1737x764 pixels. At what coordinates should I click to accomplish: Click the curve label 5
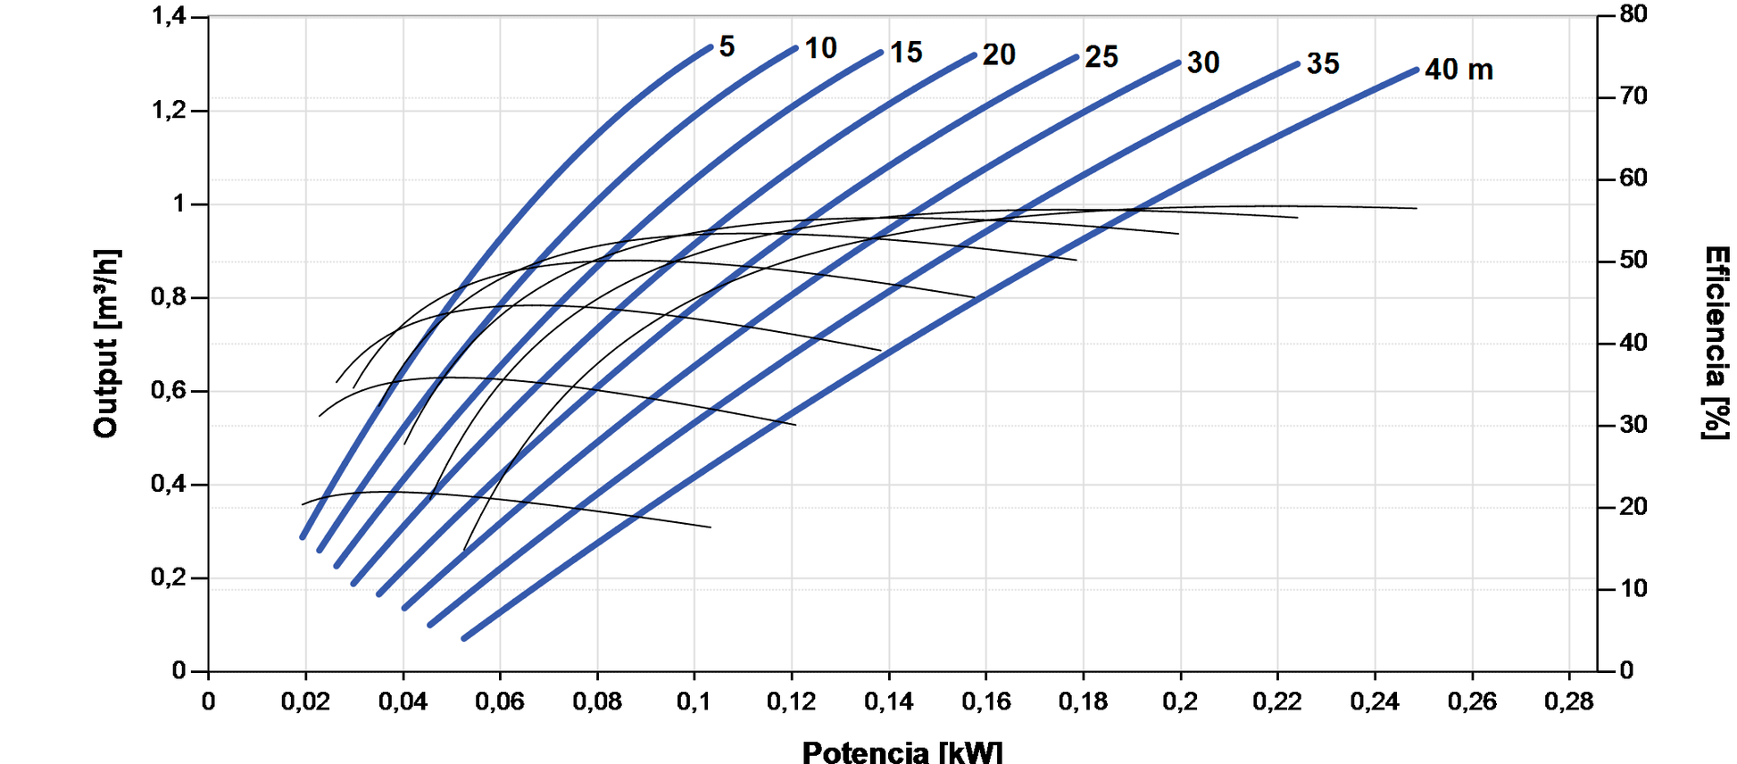pos(727,46)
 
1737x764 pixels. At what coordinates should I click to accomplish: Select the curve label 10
pos(820,48)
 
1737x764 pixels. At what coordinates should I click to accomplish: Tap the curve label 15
pos(906,53)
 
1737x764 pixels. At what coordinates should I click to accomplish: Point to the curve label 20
pos(999,55)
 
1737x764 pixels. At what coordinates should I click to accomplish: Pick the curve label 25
pos(1101,58)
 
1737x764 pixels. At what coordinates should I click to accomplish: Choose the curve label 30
pos(1203,62)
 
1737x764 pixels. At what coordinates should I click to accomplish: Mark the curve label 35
pos(1323,64)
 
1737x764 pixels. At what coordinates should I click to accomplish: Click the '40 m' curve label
pos(1459,70)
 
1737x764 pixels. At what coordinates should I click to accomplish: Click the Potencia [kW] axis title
pos(902,752)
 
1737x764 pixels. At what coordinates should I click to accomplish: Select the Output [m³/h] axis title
pos(106,344)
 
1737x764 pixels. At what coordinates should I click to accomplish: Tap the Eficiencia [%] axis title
pos(1716,344)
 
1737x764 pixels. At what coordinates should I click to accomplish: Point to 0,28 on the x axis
pos(1568,702)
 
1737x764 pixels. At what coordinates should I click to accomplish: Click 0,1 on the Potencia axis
pos(694,702)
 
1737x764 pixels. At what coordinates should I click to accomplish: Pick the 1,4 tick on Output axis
pos(169,16)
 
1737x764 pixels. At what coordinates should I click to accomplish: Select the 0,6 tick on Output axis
pos(169,390)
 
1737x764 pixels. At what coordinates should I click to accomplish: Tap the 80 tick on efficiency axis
pos(1633,14)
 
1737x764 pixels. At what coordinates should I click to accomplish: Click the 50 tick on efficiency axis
pos(1633,261)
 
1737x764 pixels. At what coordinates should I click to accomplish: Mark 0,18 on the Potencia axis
pos(1083,702)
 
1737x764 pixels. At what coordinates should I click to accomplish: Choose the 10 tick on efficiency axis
pos(1633,589)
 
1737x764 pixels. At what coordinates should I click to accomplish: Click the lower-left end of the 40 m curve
pos(464,638)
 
